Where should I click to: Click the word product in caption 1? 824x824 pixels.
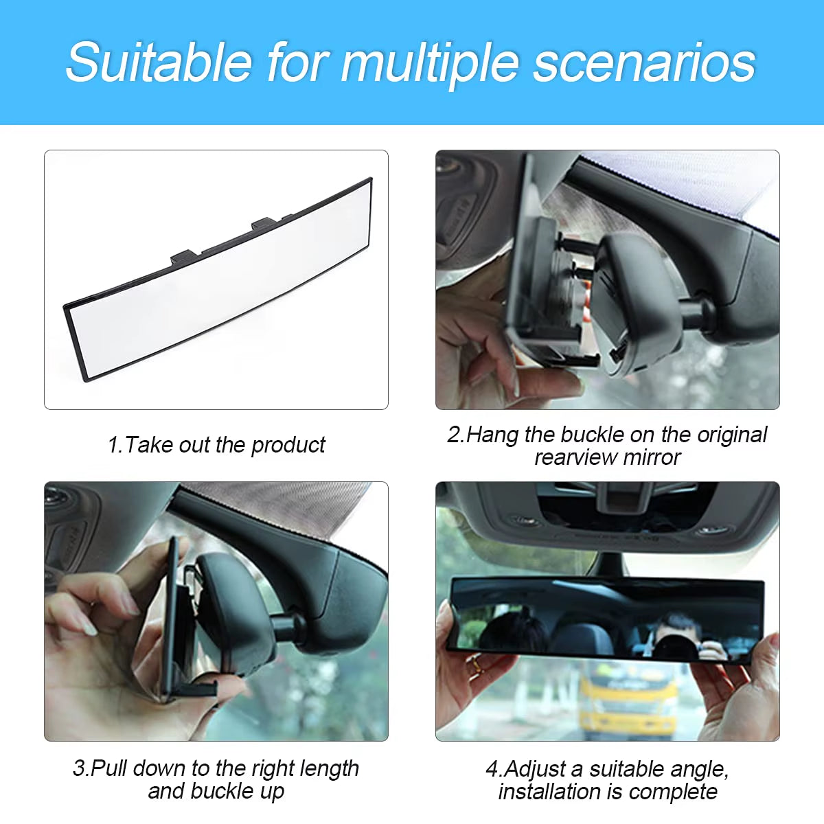tap(288, 445)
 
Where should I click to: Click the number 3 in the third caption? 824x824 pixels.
tap(78, 768)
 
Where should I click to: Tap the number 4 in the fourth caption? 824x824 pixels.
tap(491, 769)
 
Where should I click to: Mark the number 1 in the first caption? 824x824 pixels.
tap(113, 445)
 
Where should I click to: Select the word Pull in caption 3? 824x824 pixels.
tap(110, 768)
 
